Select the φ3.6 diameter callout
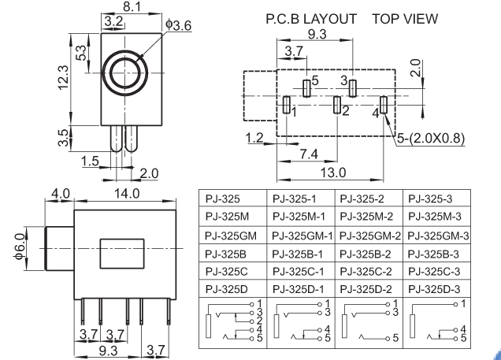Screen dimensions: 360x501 tap(178, 26)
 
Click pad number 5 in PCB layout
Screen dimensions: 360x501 tap(307, 87)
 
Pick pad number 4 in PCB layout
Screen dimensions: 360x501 tap(384, 106)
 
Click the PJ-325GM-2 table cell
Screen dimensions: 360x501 tap(370, 236)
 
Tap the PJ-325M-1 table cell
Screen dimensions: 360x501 tap(302, 218)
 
